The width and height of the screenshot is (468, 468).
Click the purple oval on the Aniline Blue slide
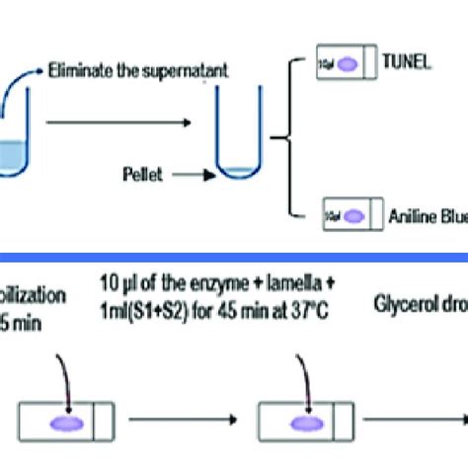tap(360, 211)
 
